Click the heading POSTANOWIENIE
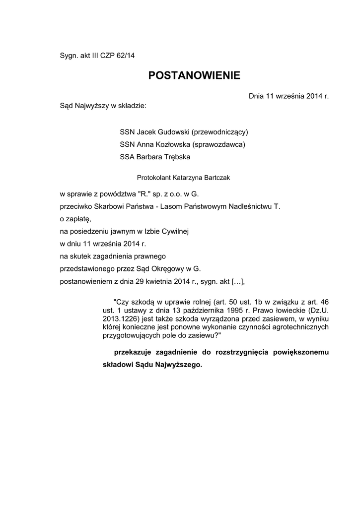pyautogui.click(x=194, y=75)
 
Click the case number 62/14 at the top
pyautogui.click(x=125, y=56)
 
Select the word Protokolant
pyautogui.click(x=154, y=176)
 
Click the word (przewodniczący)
pyautogui.click(x=219, y=132)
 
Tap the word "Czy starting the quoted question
pyautogui.click(x=122, y=302)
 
